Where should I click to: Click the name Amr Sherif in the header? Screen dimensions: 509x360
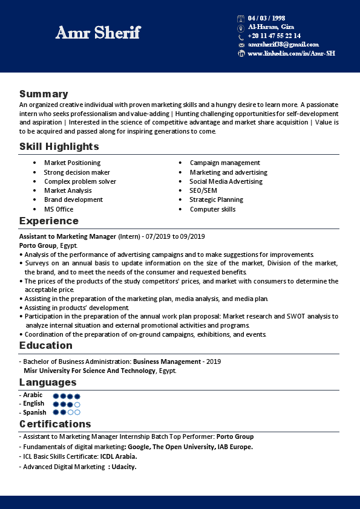click(97, 33)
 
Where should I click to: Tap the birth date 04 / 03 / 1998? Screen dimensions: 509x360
click(266, 18)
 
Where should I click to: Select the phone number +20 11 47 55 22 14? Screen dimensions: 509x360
click(274, 36)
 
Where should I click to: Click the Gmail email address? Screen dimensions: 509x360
click(283, 45)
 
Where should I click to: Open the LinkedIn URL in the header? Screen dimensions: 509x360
click(291, 54)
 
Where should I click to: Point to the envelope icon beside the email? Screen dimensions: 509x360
click(241, 45)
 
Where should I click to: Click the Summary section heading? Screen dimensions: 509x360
click(44, 94)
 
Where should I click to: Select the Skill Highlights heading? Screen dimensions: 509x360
click(59, 146)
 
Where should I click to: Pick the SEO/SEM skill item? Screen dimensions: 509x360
click(203, 190)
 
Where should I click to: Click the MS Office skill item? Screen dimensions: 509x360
click(59, 209)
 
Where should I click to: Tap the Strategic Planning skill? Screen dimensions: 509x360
click(216, 199)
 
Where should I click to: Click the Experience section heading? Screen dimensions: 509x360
click(49, 221)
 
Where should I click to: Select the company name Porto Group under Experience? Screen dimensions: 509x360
click(38, 245)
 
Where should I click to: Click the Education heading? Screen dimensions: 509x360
click(46, 345)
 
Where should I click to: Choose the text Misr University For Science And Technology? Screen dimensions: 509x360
click(89, 371)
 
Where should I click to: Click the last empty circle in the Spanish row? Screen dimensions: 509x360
click(77, 412)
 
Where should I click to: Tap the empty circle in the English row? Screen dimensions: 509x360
click(77, 404)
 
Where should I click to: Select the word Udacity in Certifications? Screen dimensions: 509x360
click(124, 467)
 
